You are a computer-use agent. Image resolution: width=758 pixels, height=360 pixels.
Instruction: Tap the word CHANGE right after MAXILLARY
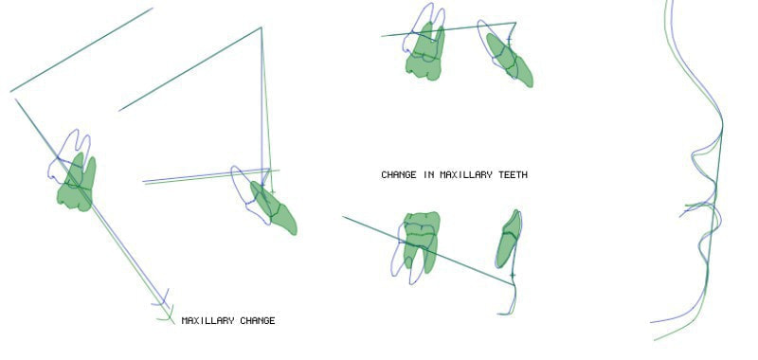(258, 321)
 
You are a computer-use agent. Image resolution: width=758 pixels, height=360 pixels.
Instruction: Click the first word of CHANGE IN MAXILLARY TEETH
(399, 175)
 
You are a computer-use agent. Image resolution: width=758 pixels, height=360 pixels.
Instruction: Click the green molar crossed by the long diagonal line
(78, 184)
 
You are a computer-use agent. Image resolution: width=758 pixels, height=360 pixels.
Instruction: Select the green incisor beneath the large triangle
(273, 207)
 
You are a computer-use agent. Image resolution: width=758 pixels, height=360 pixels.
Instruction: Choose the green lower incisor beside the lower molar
(509, 239)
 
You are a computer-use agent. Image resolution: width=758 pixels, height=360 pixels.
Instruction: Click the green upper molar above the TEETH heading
(424, 53)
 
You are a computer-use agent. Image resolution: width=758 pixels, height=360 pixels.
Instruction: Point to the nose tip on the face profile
(722, 127)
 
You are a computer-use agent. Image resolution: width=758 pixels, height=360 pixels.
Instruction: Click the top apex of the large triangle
(262, 27)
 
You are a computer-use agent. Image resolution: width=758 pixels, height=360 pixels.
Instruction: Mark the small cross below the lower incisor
(513, 276)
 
